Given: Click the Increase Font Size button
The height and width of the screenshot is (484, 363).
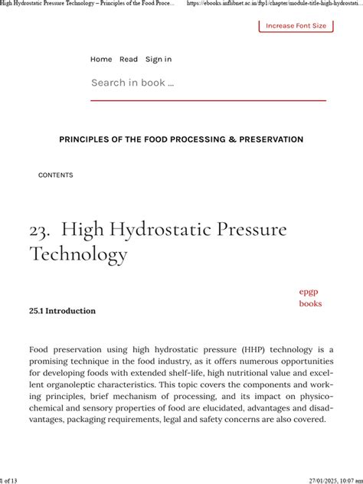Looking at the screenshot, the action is [x=296, y=25].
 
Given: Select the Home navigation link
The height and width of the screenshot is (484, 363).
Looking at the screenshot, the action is [x=101, y=59].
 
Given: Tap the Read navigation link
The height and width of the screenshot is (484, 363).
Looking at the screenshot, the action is [x=129, y=59].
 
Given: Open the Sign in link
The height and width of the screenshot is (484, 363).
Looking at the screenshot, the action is [x=159, y=59].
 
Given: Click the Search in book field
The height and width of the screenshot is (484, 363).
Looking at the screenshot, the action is [x=207, y=83].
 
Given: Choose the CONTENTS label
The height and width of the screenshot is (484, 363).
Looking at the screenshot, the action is [x=56, y=175].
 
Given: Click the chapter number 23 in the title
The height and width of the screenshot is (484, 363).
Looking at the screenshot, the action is [x=40, y=230].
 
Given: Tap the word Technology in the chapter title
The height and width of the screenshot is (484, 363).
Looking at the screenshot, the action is [x=78, y=253].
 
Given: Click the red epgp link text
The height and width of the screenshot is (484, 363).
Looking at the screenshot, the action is [x=308, y=291].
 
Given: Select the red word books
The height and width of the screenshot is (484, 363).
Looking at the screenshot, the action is [x=310, y=303].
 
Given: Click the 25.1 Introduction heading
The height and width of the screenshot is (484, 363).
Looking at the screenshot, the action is [x=62, y=311].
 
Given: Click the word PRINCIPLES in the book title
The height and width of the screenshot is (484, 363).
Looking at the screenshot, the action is [x=88, y=139].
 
